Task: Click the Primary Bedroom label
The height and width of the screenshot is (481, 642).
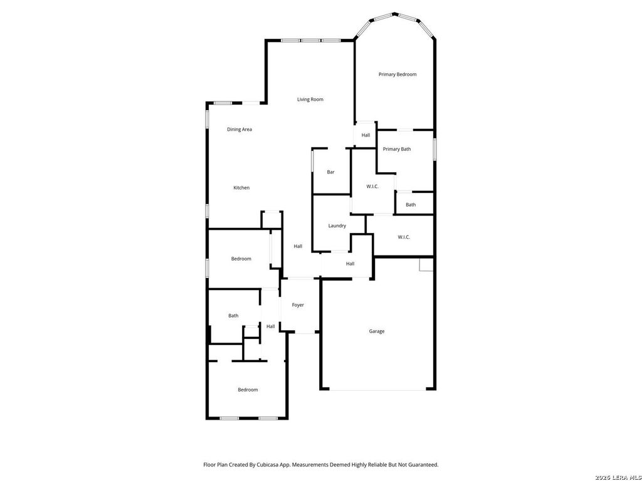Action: [397, 75]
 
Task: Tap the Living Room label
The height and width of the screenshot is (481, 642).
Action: [310, 100]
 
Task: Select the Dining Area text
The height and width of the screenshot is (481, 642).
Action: [239, 130]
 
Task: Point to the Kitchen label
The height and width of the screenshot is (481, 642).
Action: [241, 188]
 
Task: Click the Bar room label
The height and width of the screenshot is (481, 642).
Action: [330, 172]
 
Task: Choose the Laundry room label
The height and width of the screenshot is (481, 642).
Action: [337, 225]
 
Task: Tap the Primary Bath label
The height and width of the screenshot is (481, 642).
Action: [397, 149]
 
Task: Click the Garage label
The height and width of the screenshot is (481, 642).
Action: [376, 331]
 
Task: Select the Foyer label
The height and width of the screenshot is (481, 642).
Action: [298, 305]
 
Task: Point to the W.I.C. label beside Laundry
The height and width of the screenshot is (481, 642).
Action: [372, 187]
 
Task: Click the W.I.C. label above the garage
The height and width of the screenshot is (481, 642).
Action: [403, 237]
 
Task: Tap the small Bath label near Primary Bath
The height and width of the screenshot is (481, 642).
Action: [411, 205]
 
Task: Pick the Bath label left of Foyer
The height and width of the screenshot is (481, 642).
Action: [233, 316]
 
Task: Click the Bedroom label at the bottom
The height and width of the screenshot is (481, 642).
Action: [248, 390]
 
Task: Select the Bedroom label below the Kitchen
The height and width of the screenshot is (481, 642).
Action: [241, 259]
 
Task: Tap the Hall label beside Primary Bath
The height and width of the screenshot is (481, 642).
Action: [366, 135]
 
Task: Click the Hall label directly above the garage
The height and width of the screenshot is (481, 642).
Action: [350, 264]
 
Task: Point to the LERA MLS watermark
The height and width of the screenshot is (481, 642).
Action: [618, 477]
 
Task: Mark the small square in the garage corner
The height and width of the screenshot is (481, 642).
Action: [426, 264]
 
